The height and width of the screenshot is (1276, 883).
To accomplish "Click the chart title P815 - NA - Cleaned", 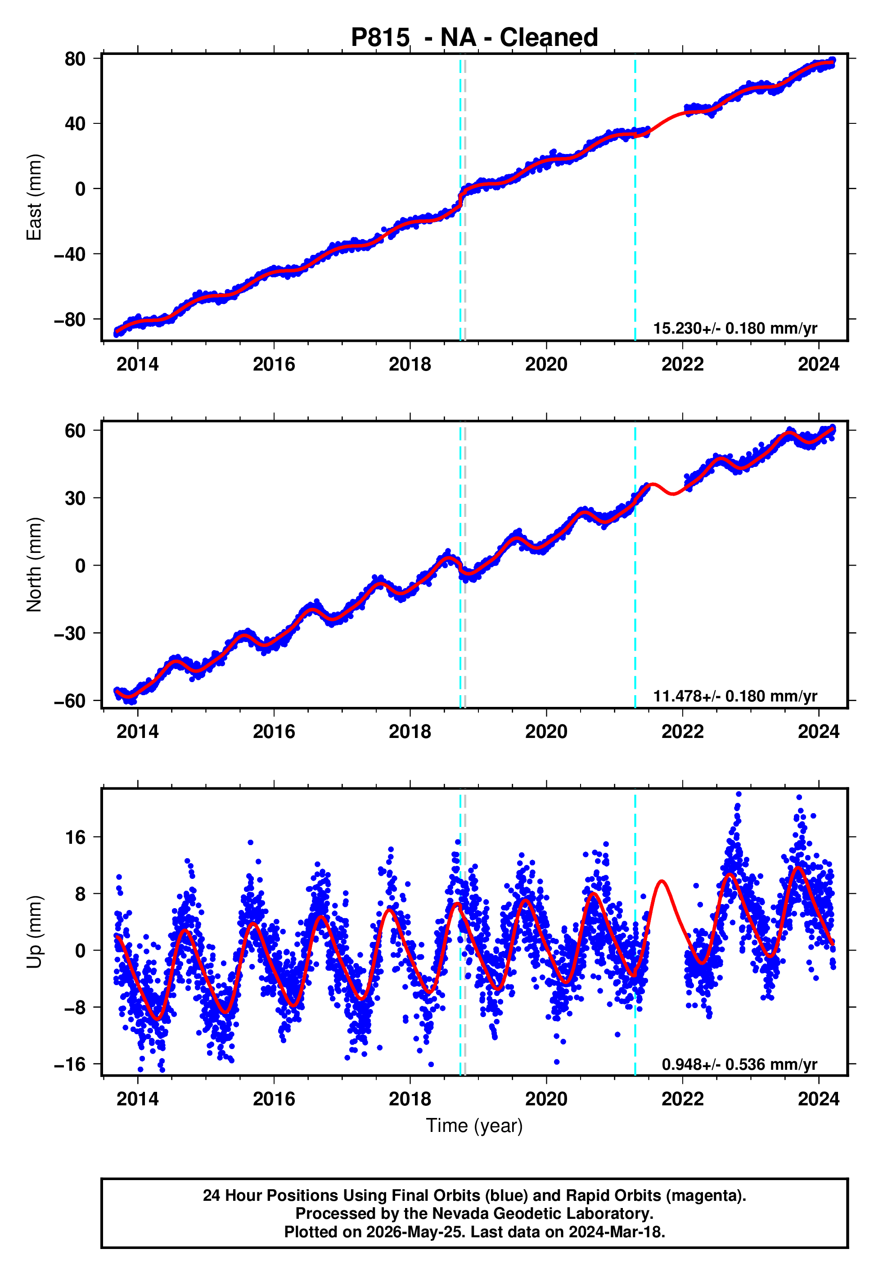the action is [x=474, y=38].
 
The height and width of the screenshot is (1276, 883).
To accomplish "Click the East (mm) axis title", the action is [x=34, y=197].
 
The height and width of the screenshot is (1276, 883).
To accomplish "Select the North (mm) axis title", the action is [x=34, y=565].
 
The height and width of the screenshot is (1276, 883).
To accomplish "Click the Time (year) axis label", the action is [x=474, y=1126].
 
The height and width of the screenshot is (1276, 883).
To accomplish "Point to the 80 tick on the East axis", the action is [x=75, y=59].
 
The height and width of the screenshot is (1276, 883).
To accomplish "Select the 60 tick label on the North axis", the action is [x=75, y=430].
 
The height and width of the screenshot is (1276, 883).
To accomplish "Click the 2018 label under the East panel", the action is [x=410, y=364].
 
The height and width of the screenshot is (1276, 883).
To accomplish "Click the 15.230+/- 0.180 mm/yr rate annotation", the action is [x=735, y=328].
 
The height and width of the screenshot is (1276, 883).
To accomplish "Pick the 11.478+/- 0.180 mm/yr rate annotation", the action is [x=735, y=696].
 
